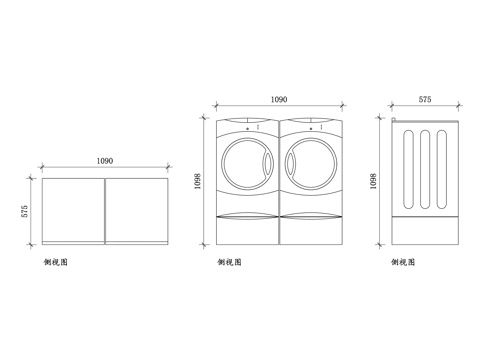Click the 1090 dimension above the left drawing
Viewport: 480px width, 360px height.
coord(104,161)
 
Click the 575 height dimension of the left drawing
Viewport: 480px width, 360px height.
coord(25,212)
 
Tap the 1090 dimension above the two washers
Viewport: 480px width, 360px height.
coord(279,100)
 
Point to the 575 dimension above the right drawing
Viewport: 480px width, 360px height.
coord(425,100)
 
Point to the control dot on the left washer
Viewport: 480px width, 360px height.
coord(247,129)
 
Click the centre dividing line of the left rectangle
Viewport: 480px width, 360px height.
coord(104,210)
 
